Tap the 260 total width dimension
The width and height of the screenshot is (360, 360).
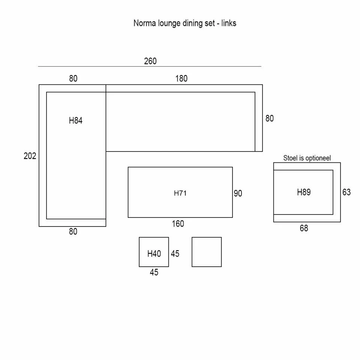click(x=150, y=61)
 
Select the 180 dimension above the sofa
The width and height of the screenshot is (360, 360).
click(x=181, y=79)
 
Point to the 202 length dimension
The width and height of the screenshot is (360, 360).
click(x=30, y=156)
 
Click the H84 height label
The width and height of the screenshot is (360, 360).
click(x=75, y=121)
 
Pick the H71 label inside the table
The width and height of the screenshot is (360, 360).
click(x=180, y=193)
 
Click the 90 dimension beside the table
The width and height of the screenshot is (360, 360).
click(x=238, y=193)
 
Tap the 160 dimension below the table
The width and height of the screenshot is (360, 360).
click(x=178, y=224)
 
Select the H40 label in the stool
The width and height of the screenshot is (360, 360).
click(x=154, y=254)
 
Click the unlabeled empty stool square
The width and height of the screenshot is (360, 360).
click(x=207, y=252)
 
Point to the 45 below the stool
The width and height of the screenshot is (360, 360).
click(x=154, y=273)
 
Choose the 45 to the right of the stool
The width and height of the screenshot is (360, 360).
click(x=175, y=254)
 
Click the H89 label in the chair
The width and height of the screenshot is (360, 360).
click(x=304, y=192)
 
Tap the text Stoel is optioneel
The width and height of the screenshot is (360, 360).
click(x=307, y=158)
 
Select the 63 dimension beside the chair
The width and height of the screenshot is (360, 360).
click(x=346, y=192)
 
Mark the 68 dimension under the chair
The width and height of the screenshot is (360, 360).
click(x=304, y=228)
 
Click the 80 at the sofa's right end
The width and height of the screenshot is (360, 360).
click(x=269, y=118)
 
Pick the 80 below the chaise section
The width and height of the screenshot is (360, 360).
click(x=73, y=232)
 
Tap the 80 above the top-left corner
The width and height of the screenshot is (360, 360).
click(x=73, y=79)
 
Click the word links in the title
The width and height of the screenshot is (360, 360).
click(x=229, y=23)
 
